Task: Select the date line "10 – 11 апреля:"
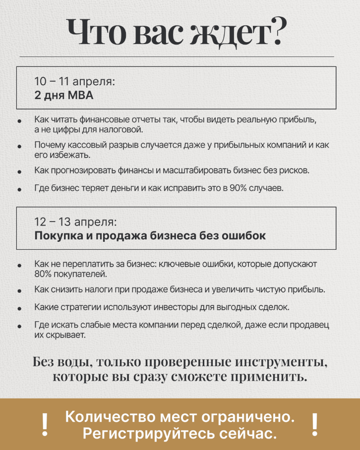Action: (75, 82)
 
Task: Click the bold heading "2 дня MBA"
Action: (63, 96)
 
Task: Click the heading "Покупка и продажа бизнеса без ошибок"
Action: (150, 235)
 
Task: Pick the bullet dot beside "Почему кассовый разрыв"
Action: (19, 147)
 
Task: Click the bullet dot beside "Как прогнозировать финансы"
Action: (19, 171)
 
